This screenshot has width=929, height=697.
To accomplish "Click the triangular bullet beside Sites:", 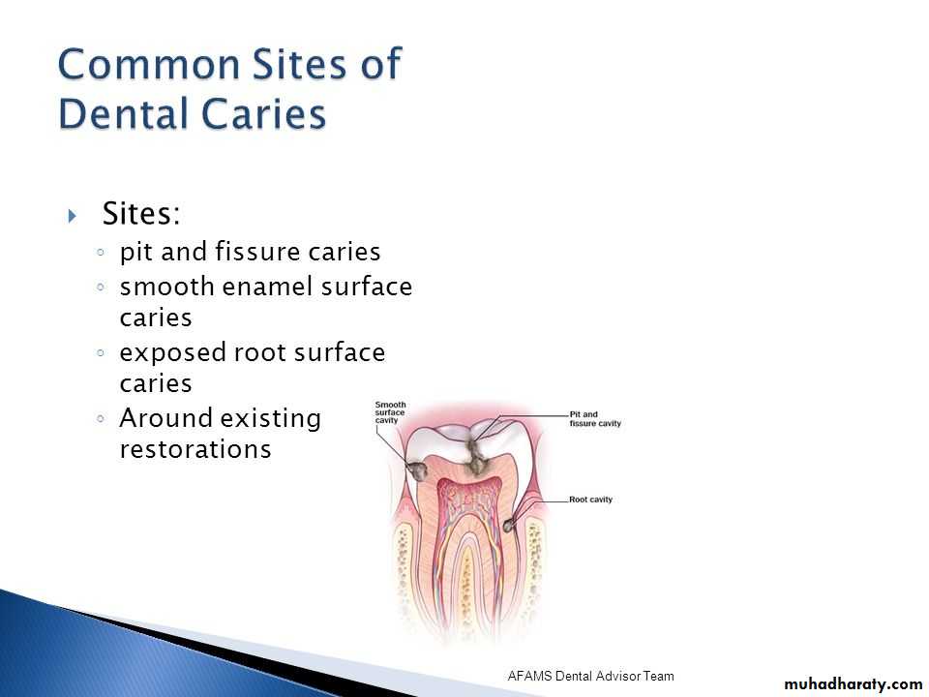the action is click(x=73, y=215).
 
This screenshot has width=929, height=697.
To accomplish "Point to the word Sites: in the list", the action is click(x=141, y=213).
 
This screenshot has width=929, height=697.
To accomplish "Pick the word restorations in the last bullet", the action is click(x=195, y=448).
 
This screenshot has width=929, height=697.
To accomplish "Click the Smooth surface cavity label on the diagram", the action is click(x=390, y=412).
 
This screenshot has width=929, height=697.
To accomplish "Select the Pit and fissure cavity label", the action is click(x=595, y=419).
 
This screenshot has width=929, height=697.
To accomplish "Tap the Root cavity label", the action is click(x=590, y=500).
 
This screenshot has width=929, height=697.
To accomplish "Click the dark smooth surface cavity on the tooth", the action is click(x=418, y=471).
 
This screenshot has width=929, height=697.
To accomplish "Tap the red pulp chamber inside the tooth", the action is click(x=468, y=498).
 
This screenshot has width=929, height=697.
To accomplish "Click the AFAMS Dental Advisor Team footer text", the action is click(x=590, y=676).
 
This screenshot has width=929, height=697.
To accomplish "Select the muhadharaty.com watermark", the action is click(x=854, y=684).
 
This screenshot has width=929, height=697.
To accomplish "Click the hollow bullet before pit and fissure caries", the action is click(x=101, y=252).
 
